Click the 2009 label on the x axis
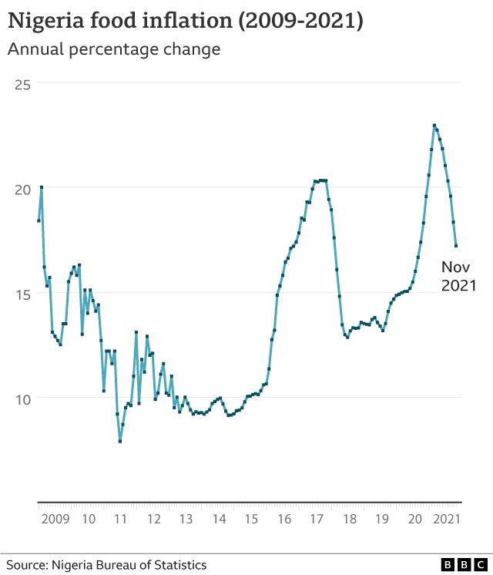[x=55, y=520]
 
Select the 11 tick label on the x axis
[x=120, y=520]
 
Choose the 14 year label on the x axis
[x=219, y=520]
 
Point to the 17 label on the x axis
[x=317, y=520]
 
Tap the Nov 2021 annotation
[x=458, y=277]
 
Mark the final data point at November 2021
[x=456, y=246]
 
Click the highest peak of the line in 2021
[x=434, y=126]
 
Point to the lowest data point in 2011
[x=120, y=441]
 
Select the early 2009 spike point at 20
[x=41, y=187]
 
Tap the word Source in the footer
[x=27, y=565]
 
